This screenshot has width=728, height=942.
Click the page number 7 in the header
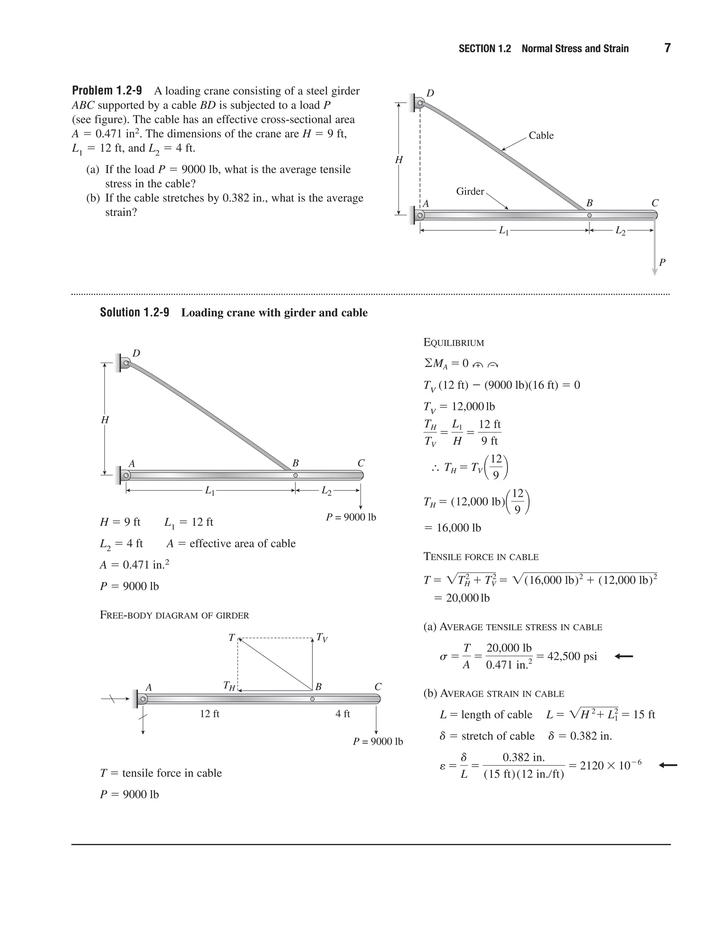pos(667,48)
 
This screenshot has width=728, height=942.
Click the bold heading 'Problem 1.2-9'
pos(107,91)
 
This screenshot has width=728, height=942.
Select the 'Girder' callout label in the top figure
pos(470,191)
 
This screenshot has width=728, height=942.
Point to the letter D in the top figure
pos(430,93)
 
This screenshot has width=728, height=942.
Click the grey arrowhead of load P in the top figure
pos(654,272)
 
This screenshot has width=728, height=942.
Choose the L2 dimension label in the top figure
pos(620,231)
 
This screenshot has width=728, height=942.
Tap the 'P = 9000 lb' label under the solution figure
pos(350,517)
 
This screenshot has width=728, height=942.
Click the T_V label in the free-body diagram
pos(322,637)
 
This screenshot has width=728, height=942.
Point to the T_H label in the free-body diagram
pos(229,686)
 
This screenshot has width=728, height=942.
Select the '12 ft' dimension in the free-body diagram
pos(210,714)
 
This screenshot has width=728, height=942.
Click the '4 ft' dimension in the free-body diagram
pos(343,714)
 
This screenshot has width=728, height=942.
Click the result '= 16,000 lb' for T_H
pos(453,528)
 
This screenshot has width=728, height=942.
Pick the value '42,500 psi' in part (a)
pos(572,657)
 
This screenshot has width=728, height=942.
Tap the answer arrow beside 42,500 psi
pos(623,657)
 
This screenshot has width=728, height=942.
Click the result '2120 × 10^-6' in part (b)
pos(610,766)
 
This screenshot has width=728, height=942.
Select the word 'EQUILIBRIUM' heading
pos(454,343)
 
